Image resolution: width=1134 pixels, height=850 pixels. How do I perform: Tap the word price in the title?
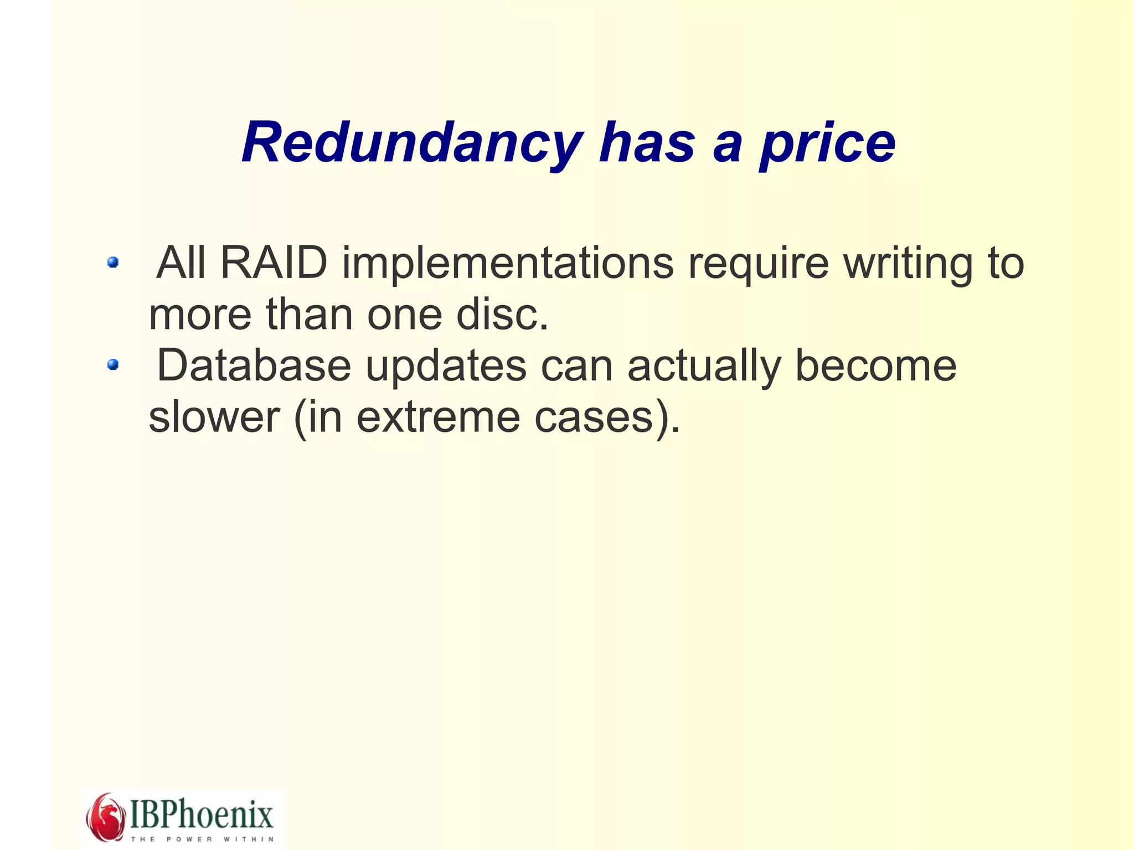(827, 143)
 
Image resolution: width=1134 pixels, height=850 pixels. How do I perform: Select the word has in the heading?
(647, 143)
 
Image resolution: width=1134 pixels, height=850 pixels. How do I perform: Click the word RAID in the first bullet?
(274, 262)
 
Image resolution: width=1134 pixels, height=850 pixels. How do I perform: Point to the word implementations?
(508, 264)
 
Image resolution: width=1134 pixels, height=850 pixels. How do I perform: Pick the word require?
(758, 264)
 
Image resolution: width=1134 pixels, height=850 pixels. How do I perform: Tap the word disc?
(502, 315)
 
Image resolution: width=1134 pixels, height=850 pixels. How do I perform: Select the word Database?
(254, 365)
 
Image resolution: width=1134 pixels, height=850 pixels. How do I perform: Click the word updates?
(446, 365)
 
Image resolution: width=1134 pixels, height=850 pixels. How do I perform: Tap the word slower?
(214, 417)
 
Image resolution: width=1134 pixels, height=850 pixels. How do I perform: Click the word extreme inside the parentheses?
(438, 417)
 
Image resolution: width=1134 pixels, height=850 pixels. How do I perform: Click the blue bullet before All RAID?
(113, 262)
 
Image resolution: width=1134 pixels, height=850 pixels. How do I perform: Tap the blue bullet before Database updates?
(113, 364)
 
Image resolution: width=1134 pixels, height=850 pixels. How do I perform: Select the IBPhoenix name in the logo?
(202, 814)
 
